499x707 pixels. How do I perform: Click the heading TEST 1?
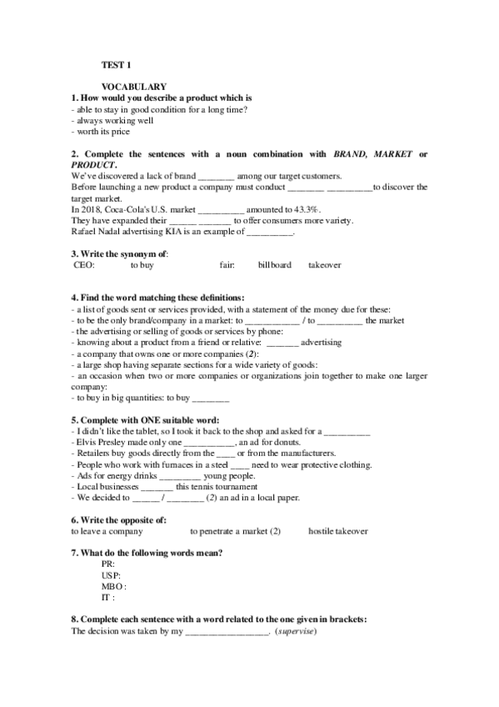click(116, 63)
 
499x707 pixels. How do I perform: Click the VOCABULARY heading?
click(135, 87)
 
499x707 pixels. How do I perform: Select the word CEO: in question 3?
click(85, 265)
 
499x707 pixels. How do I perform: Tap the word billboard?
click(275, 265)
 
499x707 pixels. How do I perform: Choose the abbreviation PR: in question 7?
click(107, 564)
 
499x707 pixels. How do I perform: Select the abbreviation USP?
click(110, 575)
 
